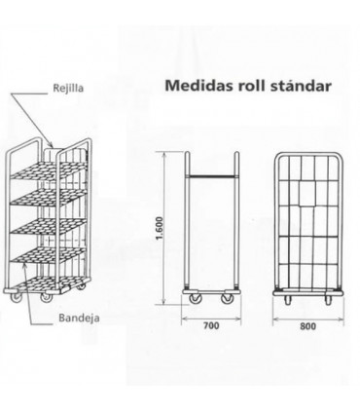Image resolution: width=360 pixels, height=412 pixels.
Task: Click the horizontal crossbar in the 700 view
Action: pyautogui.click(x=212, y=175)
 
